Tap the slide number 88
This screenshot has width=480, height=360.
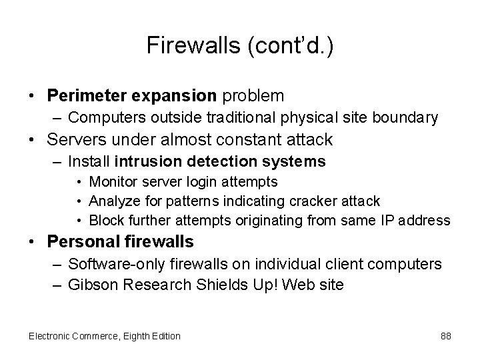click(445, 335)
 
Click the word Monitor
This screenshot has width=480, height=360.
click(111, 181)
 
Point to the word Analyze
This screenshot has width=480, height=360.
click(111, 201)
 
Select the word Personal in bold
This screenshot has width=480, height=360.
click(85, 241)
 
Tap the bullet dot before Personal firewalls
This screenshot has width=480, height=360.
click(31, 241)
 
